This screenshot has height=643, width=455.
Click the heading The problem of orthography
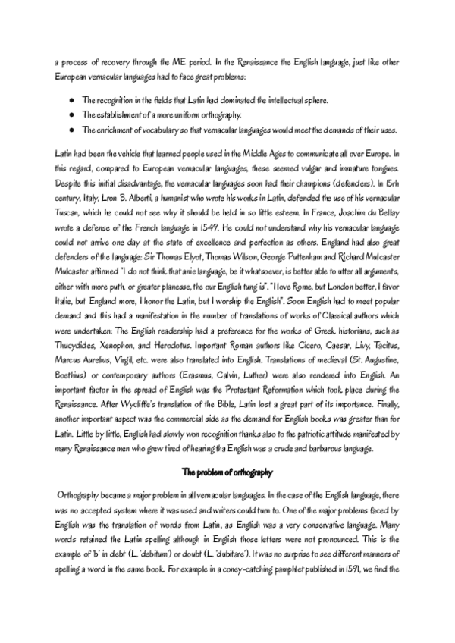click(x=227, y=472)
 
